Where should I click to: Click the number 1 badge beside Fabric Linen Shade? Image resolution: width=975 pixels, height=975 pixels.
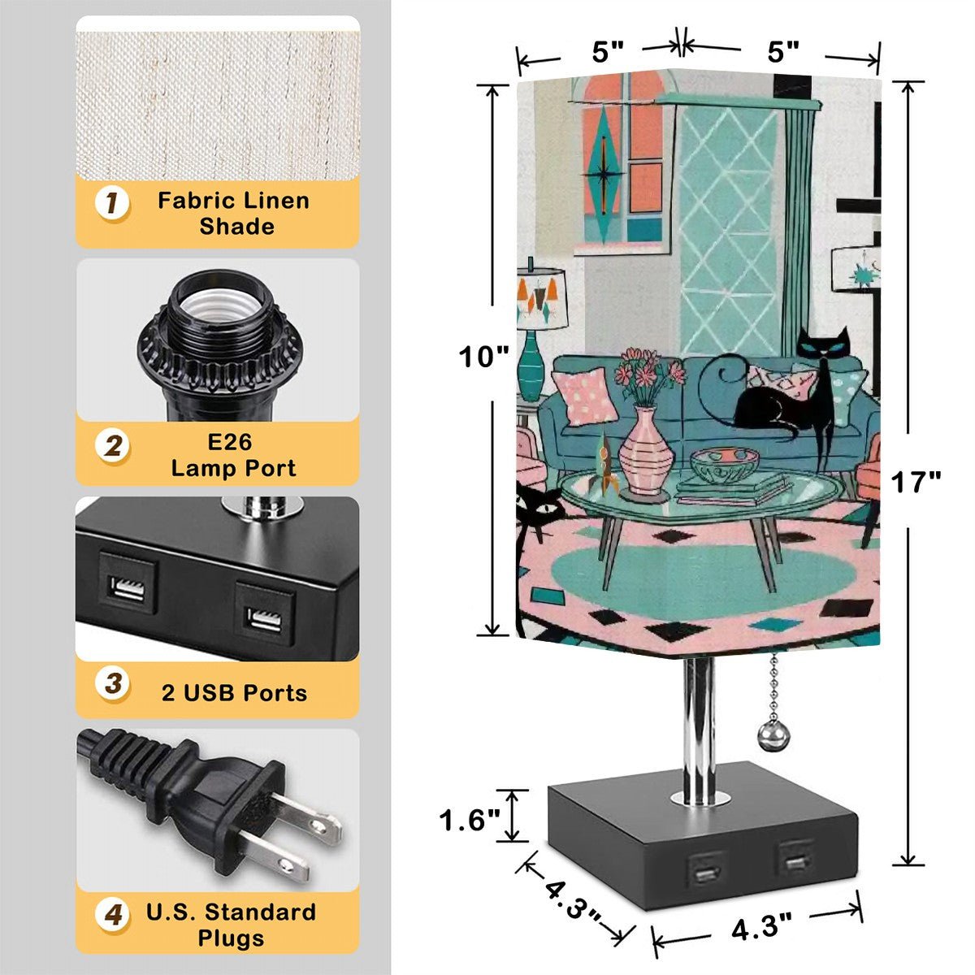pyautogui.click(x=112, y=204)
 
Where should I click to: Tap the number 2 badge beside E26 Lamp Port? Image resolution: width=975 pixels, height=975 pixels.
pyautogui.click(x=112, y=446)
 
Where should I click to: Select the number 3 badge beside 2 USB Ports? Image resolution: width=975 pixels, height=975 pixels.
pyautogui.click(x=112, y=683)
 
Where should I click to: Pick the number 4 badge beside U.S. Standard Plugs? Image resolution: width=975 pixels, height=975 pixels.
pyautogui.click(x=112, y=914)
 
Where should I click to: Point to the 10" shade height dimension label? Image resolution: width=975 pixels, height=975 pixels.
pyautogui.click(x=483, y=357)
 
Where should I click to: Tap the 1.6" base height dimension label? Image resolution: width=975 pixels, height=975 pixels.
pyautogui.click(x=470, y=820)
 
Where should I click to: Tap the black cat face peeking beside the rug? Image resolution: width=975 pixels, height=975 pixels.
pyautogui.click(x=539, y=508)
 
